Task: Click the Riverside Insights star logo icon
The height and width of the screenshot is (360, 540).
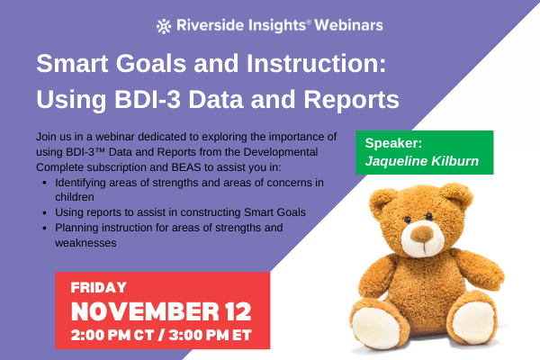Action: [x=163, y=25]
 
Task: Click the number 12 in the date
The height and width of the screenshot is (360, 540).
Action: [x=230, y=312]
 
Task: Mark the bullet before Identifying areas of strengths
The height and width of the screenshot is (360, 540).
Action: [x=46, y=183]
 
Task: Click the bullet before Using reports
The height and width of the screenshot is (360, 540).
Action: [x=46, y=212]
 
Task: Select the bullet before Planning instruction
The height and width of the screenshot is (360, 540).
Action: [x=46, y=228]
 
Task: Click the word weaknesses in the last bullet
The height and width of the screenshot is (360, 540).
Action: [x=86, y=243]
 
